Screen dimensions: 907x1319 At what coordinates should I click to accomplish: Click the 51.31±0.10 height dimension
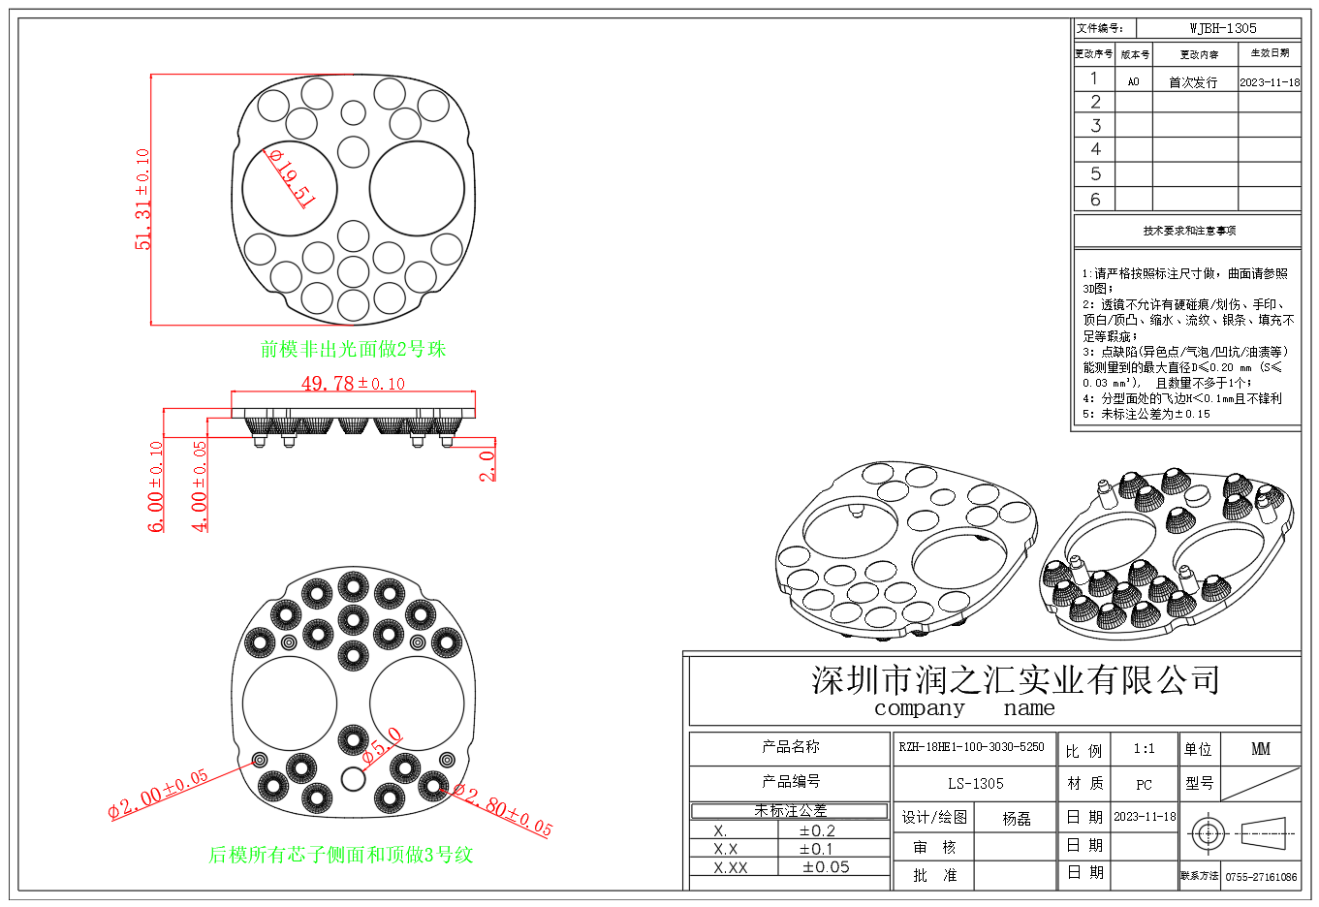(x=143, y=200)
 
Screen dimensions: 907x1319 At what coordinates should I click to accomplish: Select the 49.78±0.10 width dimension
(x=353, y=384)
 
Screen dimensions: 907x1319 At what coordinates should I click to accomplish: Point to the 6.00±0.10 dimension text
(x=156, y=486)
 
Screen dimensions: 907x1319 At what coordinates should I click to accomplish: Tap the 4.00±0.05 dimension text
(x=200, y=486)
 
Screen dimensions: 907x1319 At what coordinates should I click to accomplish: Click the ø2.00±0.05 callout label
(x=158, y=795)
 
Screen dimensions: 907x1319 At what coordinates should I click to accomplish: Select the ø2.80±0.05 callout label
(x=502, y=810)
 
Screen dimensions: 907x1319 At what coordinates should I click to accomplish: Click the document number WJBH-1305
(x=1223, y=29)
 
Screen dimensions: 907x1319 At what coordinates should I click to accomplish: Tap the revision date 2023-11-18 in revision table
(x=1270, y=82)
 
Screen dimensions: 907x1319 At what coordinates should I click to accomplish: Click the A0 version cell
(x=1133, y=82)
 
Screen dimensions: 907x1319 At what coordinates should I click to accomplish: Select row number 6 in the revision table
(x=1095, y=200)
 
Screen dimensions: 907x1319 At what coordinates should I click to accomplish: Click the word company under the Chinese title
(x=919, y=708)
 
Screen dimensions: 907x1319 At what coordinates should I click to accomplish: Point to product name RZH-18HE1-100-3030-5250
(x=971, y=747)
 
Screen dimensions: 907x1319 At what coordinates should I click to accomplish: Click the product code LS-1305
(x=975, y=783)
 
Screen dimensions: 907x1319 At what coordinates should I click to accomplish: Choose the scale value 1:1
(x=1144, y=749)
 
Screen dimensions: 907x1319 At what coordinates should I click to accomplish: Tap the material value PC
(x=1144, y=784)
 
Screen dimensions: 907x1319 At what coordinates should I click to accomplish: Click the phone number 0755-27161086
(x=1261, y=877)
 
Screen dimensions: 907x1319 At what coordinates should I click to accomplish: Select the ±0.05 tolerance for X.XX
(x=826, y=867)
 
